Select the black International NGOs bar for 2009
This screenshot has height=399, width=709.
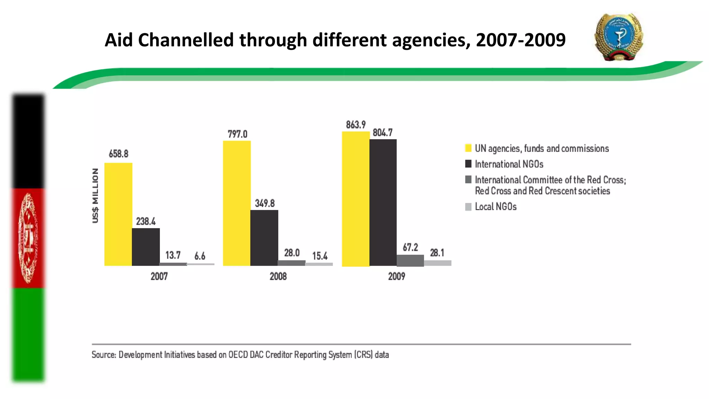(383, 203)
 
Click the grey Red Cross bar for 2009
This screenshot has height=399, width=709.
(410, 260)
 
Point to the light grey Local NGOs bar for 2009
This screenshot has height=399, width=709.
(438, 263)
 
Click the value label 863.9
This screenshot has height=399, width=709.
(356, 125)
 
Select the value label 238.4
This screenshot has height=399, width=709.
(145, 221)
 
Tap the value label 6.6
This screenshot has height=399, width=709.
(200, 256)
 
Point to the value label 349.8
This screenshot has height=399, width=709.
(264, 203)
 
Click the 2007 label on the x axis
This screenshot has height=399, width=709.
(159, 276)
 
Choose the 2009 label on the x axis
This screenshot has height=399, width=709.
(396, 276)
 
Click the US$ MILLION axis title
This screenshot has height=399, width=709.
(95, 196)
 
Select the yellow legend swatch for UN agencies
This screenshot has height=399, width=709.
(468, 148)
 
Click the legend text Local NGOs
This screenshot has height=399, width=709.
(495, 207)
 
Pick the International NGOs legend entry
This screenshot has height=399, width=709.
(509, 164)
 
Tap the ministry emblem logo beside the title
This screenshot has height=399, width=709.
(619, 37)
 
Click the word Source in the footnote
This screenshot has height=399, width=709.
(104, 355)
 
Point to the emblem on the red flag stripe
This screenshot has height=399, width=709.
(28, 238)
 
